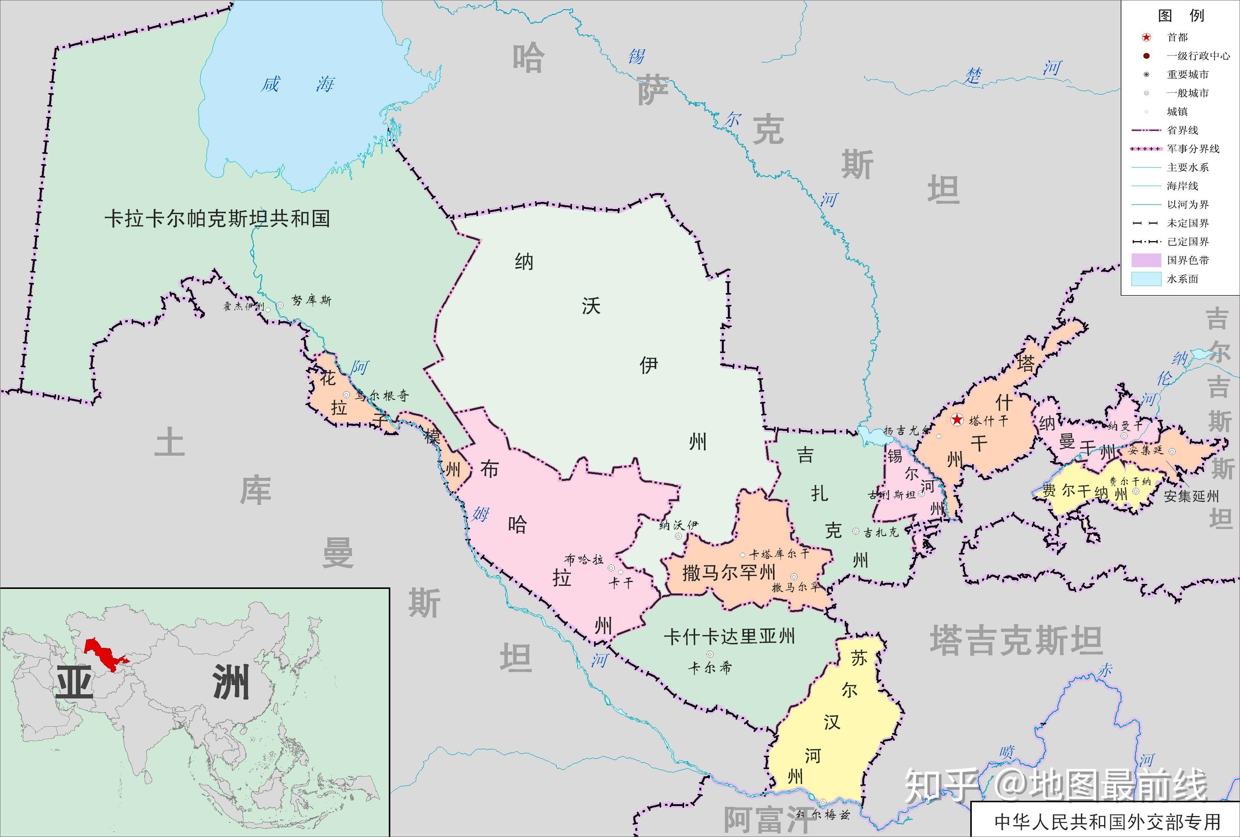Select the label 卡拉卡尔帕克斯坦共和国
coord(217,219)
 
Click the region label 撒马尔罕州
coord(728,573)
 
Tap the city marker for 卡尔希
coord(710,654)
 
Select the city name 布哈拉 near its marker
coord(584,559)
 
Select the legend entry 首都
coord(1177,37)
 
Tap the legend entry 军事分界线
coord(1193,149)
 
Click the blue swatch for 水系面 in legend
coord(1146,279)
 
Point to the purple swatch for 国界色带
coord(1146,260)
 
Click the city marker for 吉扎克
coord(856,531)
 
